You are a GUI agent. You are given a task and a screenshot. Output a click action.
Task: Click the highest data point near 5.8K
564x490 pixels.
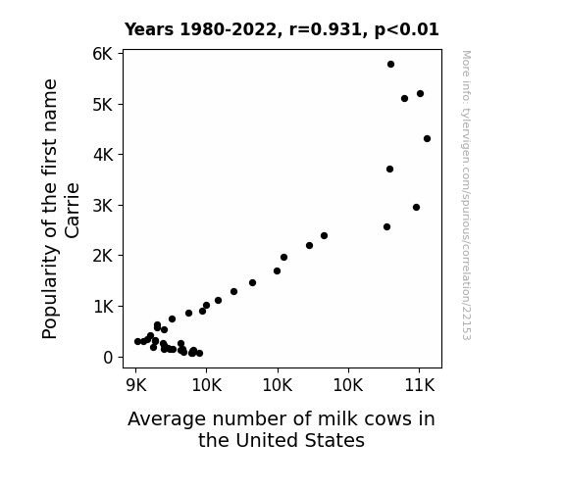[390, 65]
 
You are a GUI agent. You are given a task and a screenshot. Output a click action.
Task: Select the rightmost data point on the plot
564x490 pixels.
[427, 139]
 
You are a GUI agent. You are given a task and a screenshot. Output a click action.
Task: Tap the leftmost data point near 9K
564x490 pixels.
[137, 341]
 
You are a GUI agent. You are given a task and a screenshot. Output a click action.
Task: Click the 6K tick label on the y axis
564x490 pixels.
[103, 54]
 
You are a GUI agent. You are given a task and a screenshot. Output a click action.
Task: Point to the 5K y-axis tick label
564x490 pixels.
[103, 105]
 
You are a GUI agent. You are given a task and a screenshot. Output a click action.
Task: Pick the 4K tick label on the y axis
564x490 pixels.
[103, 155]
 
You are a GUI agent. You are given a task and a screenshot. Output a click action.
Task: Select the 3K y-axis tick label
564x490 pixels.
[103, 206]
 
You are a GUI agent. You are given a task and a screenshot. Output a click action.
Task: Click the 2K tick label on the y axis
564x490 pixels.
[103, 256]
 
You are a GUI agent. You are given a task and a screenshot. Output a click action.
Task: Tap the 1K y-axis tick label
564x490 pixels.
[103, 307]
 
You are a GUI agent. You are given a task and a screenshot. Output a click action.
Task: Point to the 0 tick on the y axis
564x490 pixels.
[108, 358]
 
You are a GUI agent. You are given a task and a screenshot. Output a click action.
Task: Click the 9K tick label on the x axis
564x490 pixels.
[136, 386]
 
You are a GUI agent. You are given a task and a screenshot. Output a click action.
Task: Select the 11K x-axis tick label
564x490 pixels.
[420, 386]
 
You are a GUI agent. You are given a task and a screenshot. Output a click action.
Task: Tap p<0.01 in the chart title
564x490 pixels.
[406, 30]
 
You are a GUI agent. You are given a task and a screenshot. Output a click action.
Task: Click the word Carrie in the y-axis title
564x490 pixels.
[72, 211]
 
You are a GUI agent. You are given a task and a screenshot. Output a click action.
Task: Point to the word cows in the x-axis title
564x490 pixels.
[387, 419]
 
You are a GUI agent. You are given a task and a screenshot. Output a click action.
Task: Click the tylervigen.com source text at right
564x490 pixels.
[466, 195]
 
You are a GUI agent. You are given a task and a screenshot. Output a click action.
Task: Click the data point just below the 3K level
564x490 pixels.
[416, 208]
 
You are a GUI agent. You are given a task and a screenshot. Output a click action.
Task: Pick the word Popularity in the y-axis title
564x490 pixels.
[50, 292]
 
